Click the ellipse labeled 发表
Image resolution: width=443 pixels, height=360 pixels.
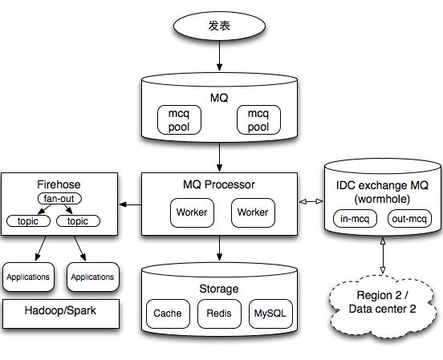219,26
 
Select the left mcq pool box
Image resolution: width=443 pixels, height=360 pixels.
179,119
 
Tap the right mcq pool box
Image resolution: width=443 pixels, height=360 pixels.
258,119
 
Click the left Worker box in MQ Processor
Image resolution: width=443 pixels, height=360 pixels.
192,212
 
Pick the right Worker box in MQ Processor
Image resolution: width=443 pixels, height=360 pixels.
253,212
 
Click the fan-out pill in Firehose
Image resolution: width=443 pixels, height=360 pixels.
59,199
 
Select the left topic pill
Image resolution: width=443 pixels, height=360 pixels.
28,220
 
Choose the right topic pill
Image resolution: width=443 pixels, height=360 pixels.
78,220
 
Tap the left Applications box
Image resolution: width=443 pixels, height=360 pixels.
28,277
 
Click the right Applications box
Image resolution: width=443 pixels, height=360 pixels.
93,277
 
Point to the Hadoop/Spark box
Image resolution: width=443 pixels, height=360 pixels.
61,313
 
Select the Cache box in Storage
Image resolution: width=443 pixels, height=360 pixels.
168,313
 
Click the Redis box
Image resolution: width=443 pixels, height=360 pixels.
219,313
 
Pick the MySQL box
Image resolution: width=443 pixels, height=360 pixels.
270,313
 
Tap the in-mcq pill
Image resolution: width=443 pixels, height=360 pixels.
355,219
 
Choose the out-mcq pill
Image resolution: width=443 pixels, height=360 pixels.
409,219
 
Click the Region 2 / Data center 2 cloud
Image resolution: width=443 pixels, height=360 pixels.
382,306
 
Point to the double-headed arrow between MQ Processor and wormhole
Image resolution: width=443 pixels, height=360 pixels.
311,201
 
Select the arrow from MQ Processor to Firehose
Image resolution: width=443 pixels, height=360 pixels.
130,204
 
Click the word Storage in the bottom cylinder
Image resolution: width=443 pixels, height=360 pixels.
219,289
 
